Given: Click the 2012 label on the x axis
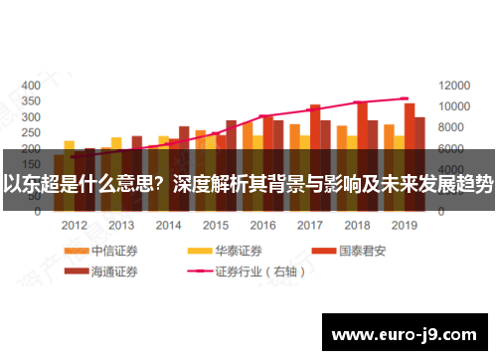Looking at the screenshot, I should [75, 226].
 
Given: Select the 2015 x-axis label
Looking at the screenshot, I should [215, 226].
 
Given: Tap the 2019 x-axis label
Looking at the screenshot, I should [403, 226].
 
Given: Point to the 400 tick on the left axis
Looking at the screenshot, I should [31, 85].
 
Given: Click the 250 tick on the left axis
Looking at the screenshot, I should [31, 132].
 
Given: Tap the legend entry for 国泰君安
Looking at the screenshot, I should [362, 251].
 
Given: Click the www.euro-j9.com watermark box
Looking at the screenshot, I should [405, 334].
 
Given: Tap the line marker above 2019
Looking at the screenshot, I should [404, 98].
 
